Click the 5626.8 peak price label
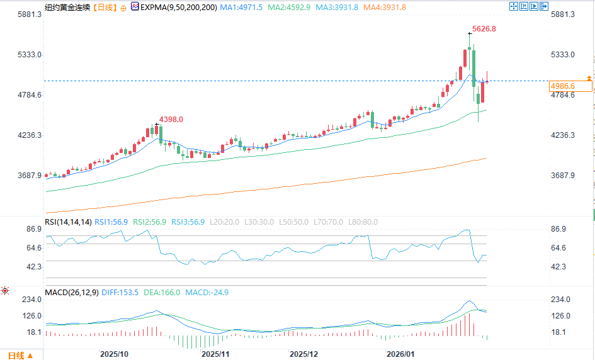484,29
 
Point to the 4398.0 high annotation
171,119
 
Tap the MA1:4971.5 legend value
242,7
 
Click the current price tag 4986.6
562,86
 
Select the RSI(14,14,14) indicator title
68,222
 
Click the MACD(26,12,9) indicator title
71,293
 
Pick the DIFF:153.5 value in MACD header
120,293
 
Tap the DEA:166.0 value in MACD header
163,293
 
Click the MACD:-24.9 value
207,293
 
